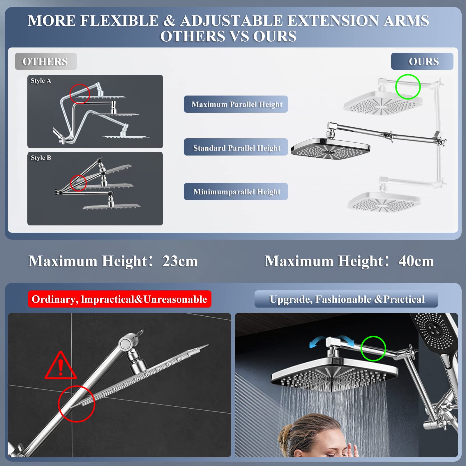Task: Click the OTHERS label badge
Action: point(46,61)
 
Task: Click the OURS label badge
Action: point(422,61)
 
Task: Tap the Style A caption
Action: point(41,81)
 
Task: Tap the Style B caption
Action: point(41,158)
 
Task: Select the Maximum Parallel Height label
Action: point(236,104)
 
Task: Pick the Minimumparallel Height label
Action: point(236,192)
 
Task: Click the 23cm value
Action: point(180,261)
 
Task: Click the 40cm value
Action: point(416,261)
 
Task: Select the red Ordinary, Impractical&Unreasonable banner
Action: point(119,299)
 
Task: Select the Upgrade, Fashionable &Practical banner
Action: point(346,299)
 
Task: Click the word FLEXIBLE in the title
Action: point(119,21)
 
